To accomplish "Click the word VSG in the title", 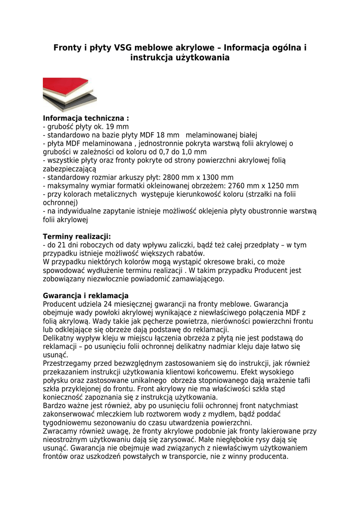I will [x=124, y=48].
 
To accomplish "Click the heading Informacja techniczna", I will [x=86, y=118].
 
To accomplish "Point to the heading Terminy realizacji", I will [x=77, y=236].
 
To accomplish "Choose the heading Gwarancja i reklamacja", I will [x=86, y=296].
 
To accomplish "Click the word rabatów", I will [x=190, y=254].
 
